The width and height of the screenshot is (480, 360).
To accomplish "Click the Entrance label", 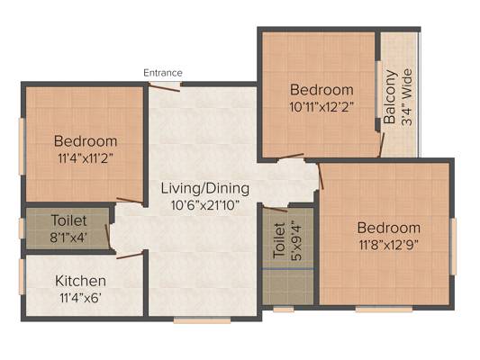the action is [163, 73].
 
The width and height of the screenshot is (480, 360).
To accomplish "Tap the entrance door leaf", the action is [164, 87].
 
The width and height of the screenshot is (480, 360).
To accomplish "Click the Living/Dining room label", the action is [205, 188].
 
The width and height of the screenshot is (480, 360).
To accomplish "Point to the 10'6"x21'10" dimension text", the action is [205, 205].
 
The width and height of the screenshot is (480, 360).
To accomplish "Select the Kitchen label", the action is [80, 281].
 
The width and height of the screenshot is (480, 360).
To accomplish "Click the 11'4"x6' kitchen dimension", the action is [80, 298].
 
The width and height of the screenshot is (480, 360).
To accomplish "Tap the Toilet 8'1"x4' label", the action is [68, 229].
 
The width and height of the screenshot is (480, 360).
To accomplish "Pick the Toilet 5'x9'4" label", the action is [287, 240].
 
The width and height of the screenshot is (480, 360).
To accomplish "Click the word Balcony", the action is [390, 96].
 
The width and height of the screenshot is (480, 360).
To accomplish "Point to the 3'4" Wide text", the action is [407, 97].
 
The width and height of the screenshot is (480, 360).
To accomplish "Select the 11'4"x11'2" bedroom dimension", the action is [86, 158].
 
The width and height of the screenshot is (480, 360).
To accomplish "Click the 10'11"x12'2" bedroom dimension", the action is [322, 107].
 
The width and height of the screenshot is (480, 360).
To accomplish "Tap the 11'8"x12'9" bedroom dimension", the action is [389, 245].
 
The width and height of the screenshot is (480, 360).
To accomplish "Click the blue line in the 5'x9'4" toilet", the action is [287, 269].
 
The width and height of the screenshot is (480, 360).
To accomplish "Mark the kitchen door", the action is [130, 256].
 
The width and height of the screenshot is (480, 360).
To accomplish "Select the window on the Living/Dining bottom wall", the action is [202, 320].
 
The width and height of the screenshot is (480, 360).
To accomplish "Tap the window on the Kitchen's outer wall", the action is [22, 277].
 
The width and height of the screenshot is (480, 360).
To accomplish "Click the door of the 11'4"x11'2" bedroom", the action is [130, 201].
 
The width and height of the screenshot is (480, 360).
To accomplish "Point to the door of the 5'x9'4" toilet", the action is [276, 210].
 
